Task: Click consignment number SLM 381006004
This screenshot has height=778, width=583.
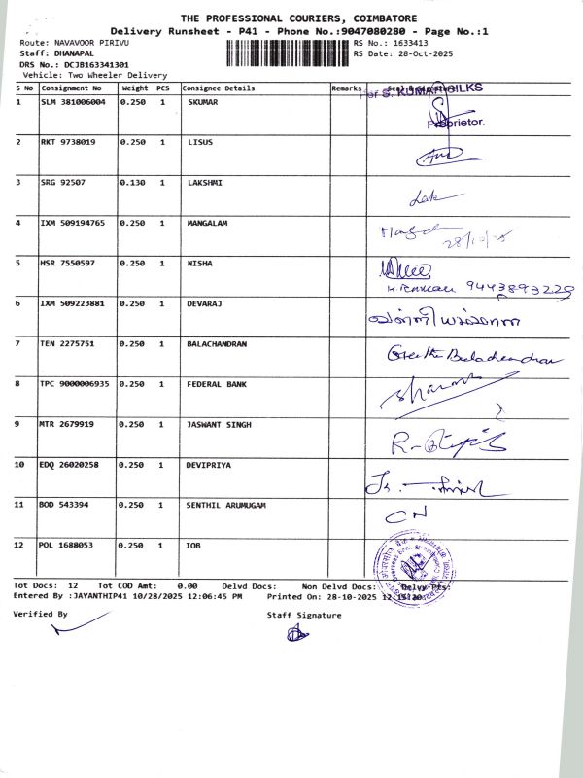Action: click(73, 102)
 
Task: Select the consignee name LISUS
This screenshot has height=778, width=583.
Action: click(200, 142)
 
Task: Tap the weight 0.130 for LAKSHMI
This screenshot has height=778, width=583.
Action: click(132, 182)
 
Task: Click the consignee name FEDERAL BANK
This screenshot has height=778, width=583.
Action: click(217, 384)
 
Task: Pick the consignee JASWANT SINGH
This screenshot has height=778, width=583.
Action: click(219, 425)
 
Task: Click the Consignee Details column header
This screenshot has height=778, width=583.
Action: click(219, 88)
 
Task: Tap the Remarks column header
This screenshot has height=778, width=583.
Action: click(347, 88)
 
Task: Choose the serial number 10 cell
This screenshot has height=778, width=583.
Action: click(19, 465)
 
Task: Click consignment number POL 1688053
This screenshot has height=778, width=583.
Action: click(67, 546)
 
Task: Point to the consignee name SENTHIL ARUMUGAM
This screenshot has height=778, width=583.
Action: click(225, 506)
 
